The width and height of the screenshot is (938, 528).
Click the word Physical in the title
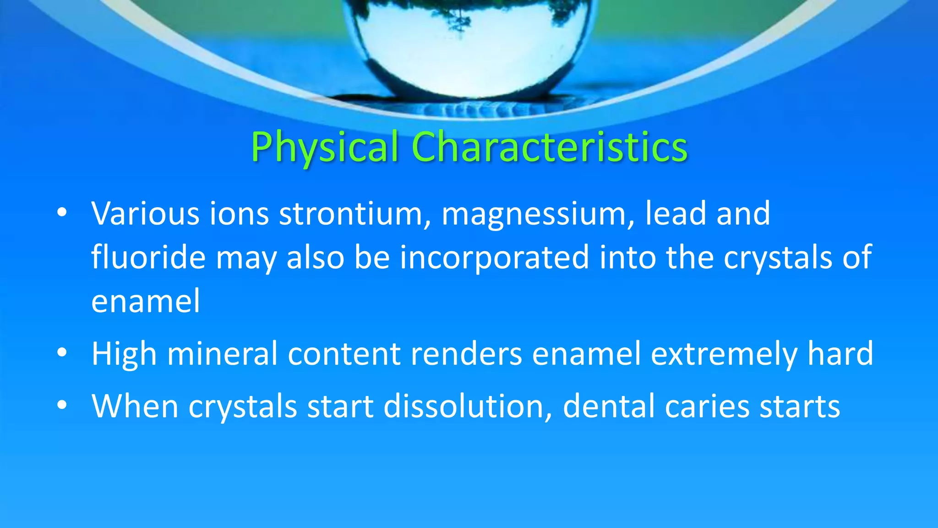pos(324,148)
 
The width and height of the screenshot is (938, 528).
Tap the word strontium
pos(351,214)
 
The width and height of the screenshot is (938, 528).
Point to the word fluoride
pos(148,257)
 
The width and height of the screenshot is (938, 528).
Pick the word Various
pos(145,214)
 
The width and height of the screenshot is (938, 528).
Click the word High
pos(124,354)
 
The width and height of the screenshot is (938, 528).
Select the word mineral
pos(222,354)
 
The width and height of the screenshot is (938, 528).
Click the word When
pos(135,407)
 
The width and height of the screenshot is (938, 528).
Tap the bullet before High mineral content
pos(62,353)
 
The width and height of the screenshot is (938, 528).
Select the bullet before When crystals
pos(62,405)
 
